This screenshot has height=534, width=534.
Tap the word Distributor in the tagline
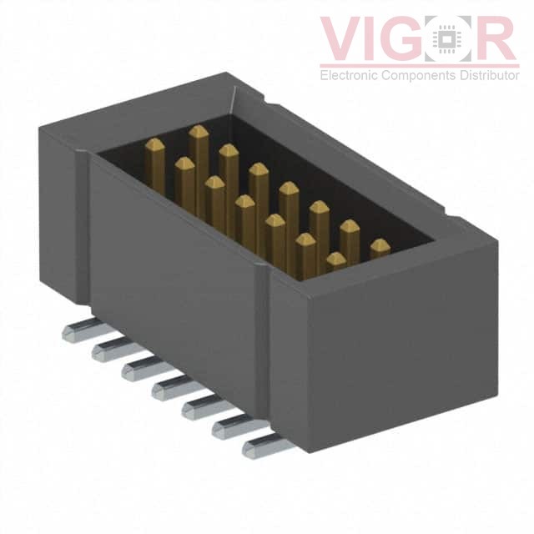486,76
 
